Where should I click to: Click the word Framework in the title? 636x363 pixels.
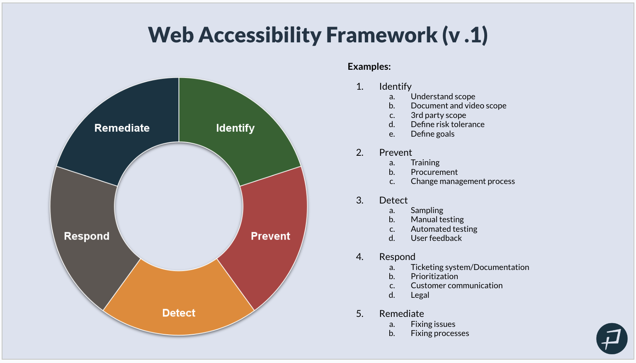tap(381, 35)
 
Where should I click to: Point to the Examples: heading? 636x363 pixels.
tap(369, 66)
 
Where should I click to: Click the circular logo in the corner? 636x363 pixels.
tap(612, 338)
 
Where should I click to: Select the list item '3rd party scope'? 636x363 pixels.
tap(438, 115)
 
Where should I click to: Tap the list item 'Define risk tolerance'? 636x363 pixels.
tap(447, 124)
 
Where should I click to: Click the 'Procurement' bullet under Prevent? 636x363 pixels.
tap(434, 172)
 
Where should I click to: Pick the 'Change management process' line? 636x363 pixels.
tap(463, 181)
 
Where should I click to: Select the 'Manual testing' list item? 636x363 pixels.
tap(437, 219)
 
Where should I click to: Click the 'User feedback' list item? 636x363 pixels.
tap(436, 238)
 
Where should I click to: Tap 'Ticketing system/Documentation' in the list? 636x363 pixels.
tap(470, 267)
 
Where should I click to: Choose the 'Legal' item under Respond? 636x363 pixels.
tap(420, 295)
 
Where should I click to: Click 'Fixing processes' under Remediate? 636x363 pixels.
tap(440, 333)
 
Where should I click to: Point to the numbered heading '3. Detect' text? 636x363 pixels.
tap(393, 200)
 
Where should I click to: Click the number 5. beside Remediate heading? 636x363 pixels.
tap(359, 314)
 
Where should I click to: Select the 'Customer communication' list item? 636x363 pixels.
tap(456, 285)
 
